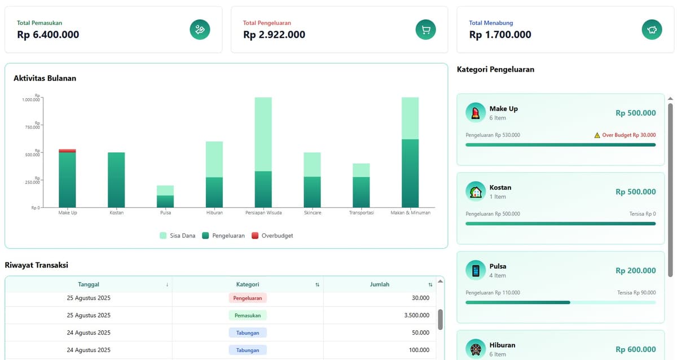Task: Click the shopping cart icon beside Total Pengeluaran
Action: click(x=425, y=30)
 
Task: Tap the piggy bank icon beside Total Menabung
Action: click(x=652, y=30)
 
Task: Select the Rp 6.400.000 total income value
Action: click(x=48, y=35)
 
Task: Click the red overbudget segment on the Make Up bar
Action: click(x=67, y=151)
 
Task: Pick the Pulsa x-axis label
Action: click(x=165, y=213)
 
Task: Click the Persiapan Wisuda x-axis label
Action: click(x=263, y=213)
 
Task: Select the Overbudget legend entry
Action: click(x=272, y=235)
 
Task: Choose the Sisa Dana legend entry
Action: click(x=177, y=235)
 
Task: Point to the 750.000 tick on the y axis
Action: click(x=32, y=127)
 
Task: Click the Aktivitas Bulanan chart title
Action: click(x=45, y=78)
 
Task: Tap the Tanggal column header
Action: click(x=89, y=284)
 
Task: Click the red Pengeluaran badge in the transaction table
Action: click(x=248, y=298)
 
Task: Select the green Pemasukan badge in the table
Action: click(x=248, y=315)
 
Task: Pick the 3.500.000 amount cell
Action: click(x=416, y=315)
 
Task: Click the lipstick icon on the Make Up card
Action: click(x=476, y=112)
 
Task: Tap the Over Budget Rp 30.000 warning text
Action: click(x=628, y=135)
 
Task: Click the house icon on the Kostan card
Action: click(x=476, y=191)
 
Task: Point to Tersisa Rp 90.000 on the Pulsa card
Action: click(x=636, y=293)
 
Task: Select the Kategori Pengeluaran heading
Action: click(x=495, y=69)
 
